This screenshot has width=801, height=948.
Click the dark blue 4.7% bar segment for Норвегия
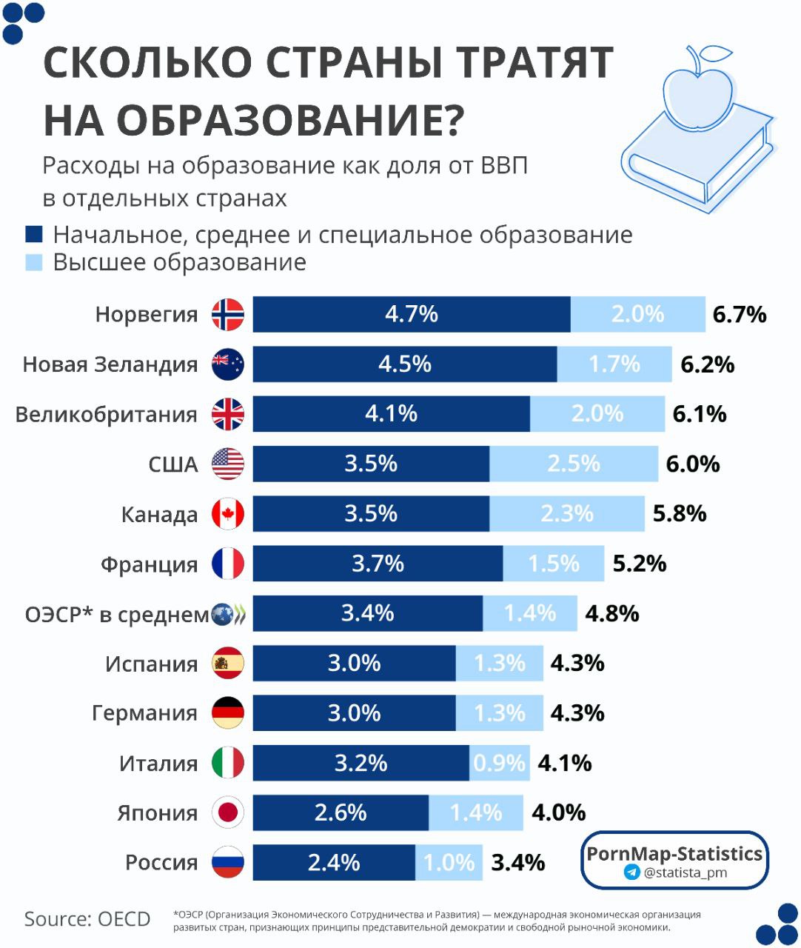pos(412,314)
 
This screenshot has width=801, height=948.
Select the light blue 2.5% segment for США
pos(573,464)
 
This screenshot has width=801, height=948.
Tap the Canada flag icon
pos(228,514)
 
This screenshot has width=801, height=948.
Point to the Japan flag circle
pos(228,812)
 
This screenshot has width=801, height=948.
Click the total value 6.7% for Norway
pos(739,314)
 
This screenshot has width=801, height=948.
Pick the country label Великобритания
pos(107,414)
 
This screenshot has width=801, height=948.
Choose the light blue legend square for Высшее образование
pos(34,262)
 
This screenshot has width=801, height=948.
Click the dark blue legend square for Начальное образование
pos(34,235)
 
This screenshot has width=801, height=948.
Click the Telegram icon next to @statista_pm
pos(631,872)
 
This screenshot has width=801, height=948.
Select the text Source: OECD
pos(87,919)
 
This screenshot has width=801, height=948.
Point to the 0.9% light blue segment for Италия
pos(500,763)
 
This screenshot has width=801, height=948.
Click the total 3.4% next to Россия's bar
pos(518,862)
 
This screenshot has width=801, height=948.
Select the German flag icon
pos(228,712)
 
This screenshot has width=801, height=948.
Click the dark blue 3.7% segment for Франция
pos(378,564)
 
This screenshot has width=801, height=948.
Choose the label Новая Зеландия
pos(110,364)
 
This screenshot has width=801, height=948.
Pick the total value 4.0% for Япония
pos(558,812)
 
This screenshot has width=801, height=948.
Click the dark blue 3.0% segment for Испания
pos(354,663)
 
